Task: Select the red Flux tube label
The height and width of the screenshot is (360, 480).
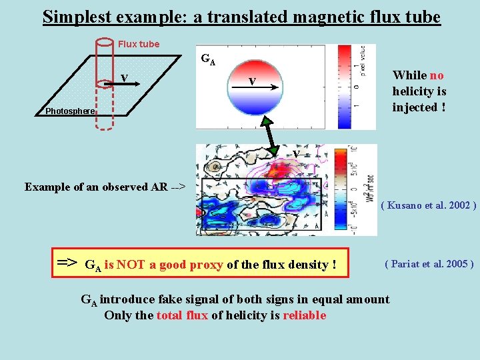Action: point(139,44)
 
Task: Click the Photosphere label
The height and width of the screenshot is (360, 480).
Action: point(70,111)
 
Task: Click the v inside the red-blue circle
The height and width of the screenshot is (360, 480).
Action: point(251,81)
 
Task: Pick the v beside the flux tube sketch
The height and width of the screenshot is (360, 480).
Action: point(124,79)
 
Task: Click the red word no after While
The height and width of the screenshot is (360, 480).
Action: point(437,75)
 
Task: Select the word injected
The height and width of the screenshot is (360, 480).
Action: point(415,107)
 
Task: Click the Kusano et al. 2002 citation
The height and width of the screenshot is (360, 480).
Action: point(428,205)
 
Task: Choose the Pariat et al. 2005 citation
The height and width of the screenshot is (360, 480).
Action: point(429,264)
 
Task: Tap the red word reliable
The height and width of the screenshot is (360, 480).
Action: point(305,315)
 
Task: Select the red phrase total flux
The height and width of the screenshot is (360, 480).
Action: point(182,315)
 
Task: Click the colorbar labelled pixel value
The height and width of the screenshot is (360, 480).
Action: point(348,87)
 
